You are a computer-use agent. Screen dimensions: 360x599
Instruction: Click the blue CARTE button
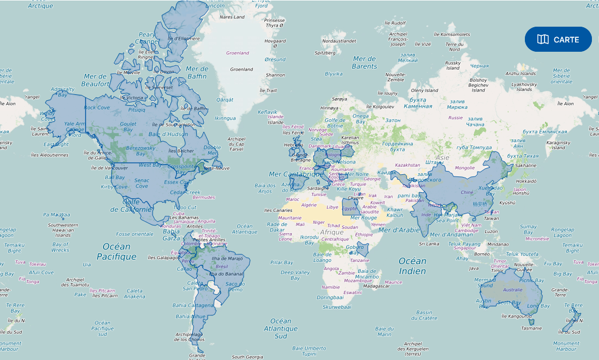point(558,39)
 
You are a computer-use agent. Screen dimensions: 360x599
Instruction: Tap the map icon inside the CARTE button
point(543,39)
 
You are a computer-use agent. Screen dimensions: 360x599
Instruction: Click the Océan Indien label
point(412,266)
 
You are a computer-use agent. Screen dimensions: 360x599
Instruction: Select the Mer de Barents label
point(365,62)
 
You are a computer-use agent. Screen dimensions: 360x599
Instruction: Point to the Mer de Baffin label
point(197,72)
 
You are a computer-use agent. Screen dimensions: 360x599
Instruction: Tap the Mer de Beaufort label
point(95,80)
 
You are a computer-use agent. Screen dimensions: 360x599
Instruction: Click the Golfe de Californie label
point(131,205)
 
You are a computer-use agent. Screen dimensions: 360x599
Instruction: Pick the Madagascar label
point(376,285)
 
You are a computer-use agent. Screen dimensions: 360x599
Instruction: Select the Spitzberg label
point(325,53)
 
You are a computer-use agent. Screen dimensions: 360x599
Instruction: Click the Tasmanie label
point(531,328)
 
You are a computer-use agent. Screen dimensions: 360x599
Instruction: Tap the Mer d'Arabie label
point(400,229)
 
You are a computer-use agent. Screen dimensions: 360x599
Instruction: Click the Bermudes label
point(204,197)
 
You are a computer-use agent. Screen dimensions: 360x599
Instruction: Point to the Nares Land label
point(232,17)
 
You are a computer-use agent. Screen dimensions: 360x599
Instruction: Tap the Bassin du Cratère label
point(425,315)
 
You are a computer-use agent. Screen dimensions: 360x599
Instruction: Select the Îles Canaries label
point(278,210)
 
